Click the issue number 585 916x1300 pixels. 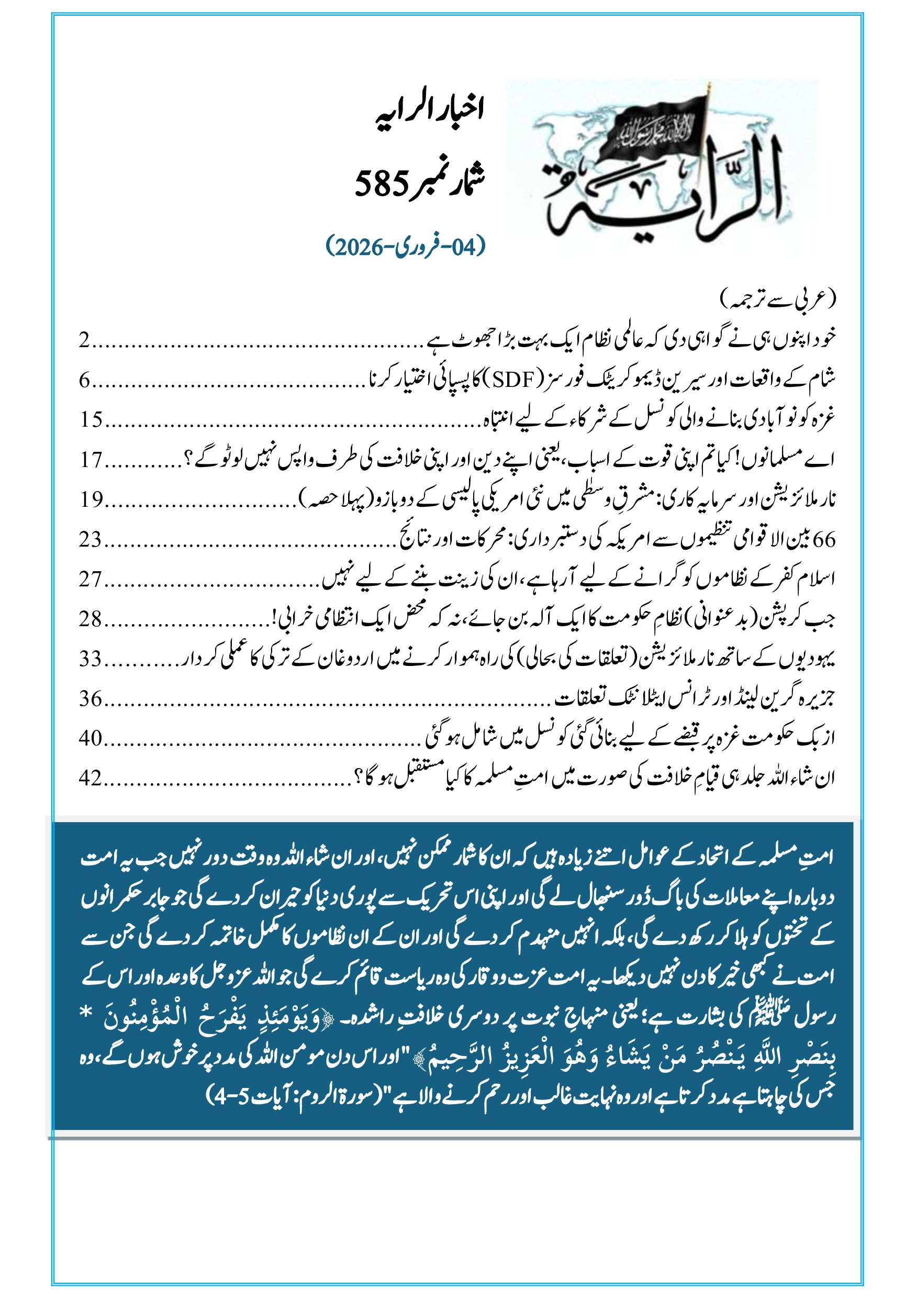click(382, 183)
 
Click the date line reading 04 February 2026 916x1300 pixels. click(406, 246)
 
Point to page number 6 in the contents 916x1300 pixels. click(84, 380)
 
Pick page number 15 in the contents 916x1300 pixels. click(91, 419)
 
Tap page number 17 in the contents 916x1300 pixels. click(91, 460)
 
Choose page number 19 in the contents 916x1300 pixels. click(91, 499)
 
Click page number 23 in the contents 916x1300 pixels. click(91, 539)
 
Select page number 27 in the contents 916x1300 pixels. click(91, 579)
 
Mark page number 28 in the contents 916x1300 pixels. click(91, 619)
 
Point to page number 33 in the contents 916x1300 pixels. click(91, 659)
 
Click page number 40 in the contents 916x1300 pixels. click(91, 738)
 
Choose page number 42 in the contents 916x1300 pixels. click(91, 778)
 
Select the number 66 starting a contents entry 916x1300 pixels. click(824, 540)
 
